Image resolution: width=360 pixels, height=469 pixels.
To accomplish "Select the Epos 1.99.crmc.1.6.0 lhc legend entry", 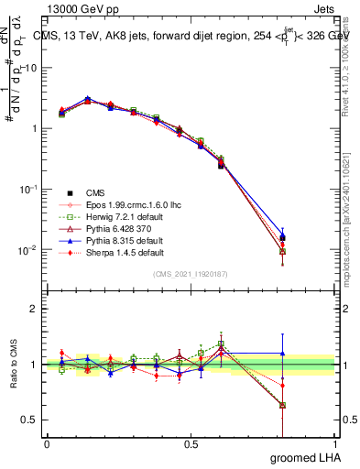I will [125, 204].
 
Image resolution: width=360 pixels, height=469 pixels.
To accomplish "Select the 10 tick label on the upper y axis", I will [29, 68].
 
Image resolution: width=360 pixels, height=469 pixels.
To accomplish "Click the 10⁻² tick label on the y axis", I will [27, 249].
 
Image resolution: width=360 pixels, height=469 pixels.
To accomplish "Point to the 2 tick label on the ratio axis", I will [34, 309].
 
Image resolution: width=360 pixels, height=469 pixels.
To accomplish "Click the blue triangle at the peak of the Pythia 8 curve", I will [87, 98].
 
